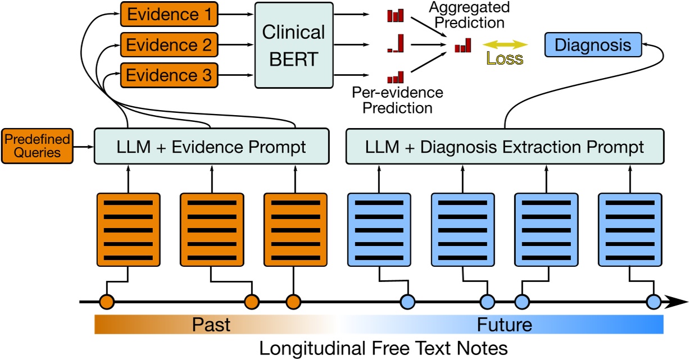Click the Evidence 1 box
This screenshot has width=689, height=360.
169,14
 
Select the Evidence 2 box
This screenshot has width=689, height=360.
169,44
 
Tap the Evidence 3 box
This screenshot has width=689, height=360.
169,75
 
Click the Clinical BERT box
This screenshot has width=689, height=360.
294,45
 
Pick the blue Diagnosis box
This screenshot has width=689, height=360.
593,45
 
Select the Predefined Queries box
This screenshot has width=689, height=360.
37,146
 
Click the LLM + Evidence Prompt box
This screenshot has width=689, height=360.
212,147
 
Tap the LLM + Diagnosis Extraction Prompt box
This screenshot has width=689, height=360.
505,147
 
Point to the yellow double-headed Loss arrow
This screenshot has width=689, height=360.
505,44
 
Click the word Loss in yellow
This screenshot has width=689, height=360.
505,58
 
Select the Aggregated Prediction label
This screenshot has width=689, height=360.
469,15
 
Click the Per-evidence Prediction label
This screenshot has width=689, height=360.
397,100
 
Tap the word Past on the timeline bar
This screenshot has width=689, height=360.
211,325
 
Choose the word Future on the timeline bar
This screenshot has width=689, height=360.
505,325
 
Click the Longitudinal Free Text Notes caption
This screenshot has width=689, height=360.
383,348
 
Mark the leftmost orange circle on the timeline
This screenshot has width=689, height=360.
107,302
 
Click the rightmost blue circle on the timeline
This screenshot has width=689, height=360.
654,302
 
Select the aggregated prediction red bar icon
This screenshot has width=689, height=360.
463,45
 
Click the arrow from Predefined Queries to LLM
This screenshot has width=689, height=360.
84,147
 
